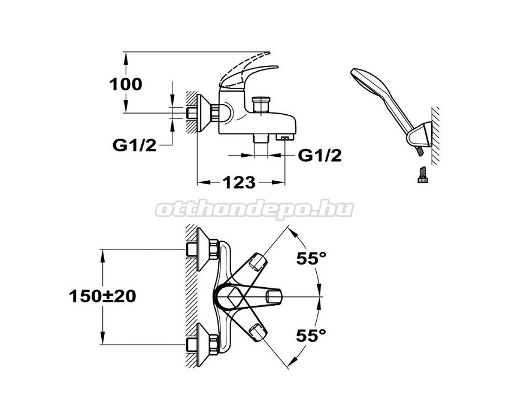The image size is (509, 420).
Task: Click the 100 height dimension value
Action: [x=126, y=84]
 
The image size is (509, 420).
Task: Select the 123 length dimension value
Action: [x=240, y=182]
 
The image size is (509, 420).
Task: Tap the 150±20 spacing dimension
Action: [x=102, y=296]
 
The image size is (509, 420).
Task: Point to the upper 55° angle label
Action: [x=311, y=258]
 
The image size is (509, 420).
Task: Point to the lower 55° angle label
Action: [x=311, y=336]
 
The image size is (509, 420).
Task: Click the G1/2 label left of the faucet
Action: [x=134, y=145]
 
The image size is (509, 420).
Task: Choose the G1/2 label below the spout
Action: [x=320, y=156]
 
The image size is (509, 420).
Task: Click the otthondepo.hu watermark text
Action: [x=255, y=210]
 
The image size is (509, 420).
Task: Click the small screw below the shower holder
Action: [x=422, y=175]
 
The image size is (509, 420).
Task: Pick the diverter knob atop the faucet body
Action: [x=261, y=104]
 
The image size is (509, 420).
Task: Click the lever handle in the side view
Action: [x=249, y=75]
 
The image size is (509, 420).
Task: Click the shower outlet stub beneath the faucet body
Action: [x=261, y=139]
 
